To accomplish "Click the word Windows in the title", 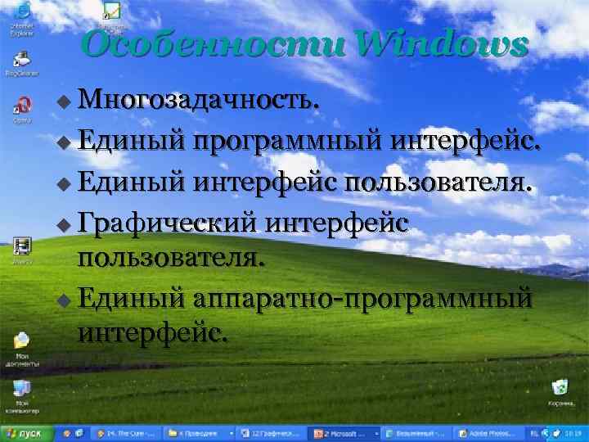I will pos(443,44).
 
